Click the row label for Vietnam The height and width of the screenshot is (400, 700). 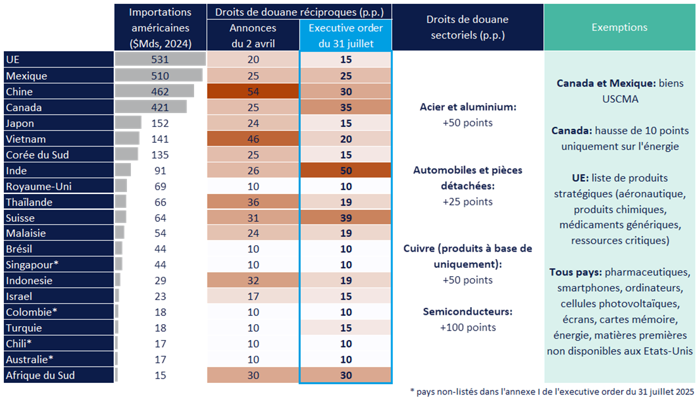point(26,139)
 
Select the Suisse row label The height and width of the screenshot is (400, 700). point(20,217)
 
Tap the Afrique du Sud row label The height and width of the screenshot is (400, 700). point(40,375)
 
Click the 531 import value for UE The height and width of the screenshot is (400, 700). point(160,60)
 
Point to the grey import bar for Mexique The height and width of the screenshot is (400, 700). point(159,76)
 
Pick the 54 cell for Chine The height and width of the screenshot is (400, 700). point(253,92)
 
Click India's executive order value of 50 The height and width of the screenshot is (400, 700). point(346,171)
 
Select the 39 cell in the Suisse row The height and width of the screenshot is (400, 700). point(346,217)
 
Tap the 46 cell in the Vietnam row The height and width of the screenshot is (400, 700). point(253,139)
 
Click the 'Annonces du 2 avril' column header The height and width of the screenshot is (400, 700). point(253,36)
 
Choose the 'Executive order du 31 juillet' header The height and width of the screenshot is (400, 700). point(346,36)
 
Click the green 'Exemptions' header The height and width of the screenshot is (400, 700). point(619,27)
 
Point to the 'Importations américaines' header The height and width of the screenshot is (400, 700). point(160,28)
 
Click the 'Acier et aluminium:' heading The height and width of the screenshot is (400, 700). point(468,107)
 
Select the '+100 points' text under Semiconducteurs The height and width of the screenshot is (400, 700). point(468,327)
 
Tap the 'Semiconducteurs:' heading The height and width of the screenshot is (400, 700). point(468,312)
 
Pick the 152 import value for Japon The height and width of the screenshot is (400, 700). point(160,123)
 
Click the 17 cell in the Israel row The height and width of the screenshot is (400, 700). point(253,296)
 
